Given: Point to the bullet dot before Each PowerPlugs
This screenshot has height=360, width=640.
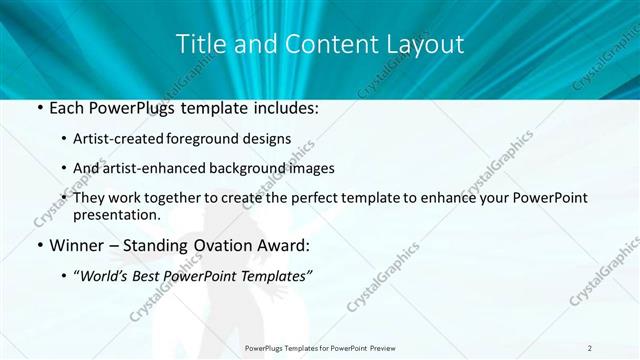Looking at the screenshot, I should [39, 107].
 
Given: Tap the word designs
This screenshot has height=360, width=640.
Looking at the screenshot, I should [266, 138].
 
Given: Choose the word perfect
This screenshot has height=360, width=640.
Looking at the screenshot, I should [313, 199].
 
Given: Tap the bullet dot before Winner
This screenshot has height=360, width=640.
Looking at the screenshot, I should [39, 245].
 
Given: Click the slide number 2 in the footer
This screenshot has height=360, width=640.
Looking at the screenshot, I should [590, 348].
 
